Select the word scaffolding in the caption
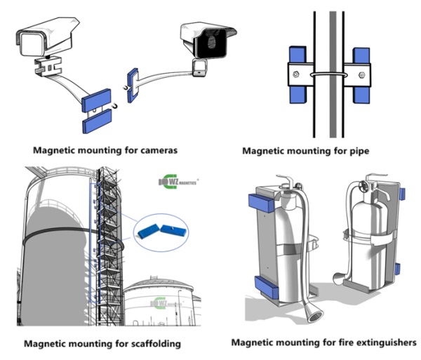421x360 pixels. (x=150, y=343)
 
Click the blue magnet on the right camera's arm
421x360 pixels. (x=132, y=84)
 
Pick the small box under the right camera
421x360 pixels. (x=199, y=68)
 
